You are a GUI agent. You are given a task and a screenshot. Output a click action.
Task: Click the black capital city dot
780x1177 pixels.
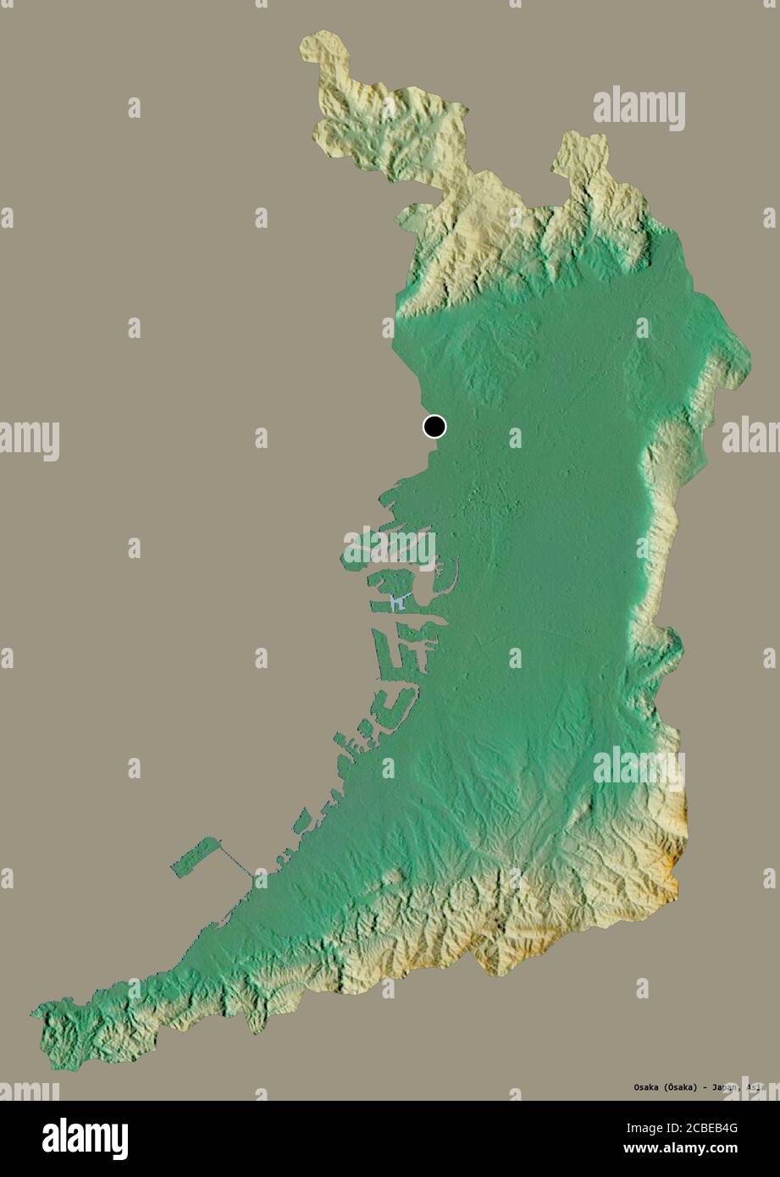tap(434, 427)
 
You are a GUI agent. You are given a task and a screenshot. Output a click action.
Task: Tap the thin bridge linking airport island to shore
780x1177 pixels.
tap(237, 862)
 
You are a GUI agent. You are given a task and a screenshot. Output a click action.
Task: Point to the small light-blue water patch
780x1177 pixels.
tap(396, 603)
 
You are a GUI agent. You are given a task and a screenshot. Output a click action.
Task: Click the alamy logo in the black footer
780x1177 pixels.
tap(85, 1138)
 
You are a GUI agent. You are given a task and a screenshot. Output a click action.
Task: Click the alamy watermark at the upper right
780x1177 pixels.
tap(639, 108)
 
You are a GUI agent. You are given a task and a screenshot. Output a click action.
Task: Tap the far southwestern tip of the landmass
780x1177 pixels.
tap(36, 1011)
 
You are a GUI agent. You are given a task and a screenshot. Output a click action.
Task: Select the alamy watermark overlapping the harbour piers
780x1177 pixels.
tap(390, 546)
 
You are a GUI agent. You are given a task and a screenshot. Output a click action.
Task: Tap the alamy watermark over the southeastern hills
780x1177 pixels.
tap(639, 767)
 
